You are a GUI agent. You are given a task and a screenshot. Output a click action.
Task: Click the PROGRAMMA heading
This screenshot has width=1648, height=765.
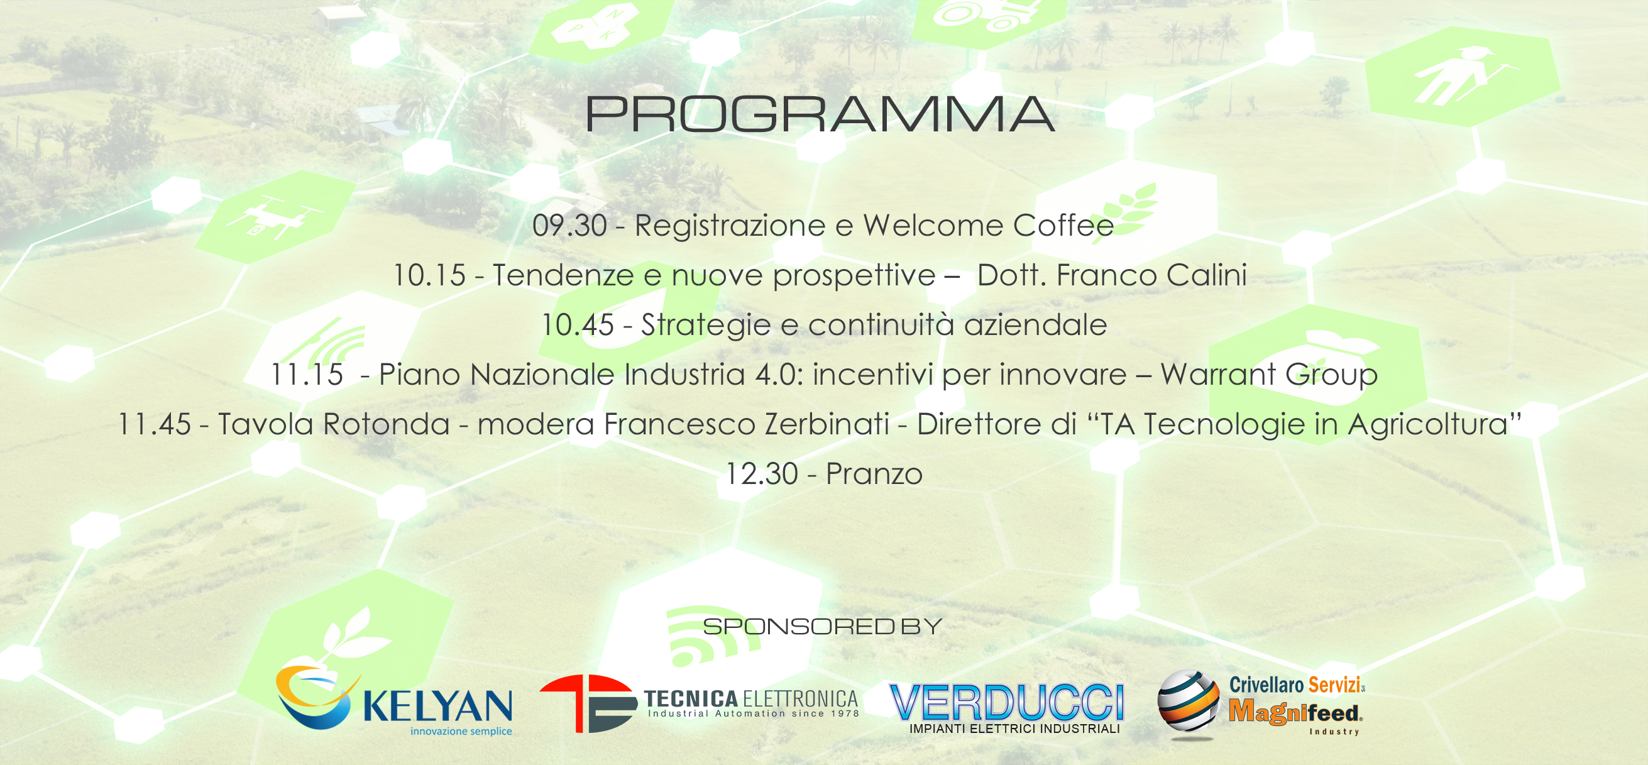pyautogui.click(x=820, y=114)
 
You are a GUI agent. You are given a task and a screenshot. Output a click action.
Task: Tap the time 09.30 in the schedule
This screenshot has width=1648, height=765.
pyautogui.click(x=569, y=226)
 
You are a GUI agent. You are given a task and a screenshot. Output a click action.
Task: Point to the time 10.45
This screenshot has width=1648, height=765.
pyautogui.click(x=578, y=325)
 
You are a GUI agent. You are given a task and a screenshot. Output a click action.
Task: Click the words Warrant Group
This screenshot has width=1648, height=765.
pyautogui.click(x=1269, y=375)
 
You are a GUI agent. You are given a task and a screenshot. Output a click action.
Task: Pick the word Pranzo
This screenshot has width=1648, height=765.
pyautogui.click(x=874, y=474)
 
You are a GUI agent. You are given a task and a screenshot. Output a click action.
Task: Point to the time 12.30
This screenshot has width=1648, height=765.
pyautogui.click(x=761, y=474)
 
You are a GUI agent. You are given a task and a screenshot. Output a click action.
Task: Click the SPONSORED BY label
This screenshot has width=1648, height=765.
pyautogui.click(x=822, y=626)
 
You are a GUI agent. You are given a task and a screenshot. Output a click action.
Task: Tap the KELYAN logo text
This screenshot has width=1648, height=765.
pyautogui.click(x=437, y=705)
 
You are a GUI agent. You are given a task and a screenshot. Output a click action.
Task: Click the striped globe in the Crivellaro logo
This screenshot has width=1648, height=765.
pyautogui.click(x=1189, y=702)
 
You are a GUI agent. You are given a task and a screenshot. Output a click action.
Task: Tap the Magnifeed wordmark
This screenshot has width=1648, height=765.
pyautogui.click(x=1295, y=712)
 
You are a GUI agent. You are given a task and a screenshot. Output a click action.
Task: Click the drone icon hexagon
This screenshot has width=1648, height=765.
pyautogui.click(x=275, y=217)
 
